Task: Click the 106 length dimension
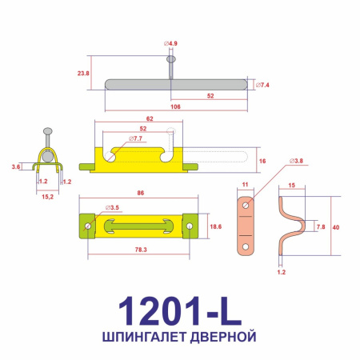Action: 174,106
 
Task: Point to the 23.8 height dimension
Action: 83,73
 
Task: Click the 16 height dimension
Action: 262,160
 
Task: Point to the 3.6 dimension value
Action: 16,166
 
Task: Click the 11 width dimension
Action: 244,185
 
